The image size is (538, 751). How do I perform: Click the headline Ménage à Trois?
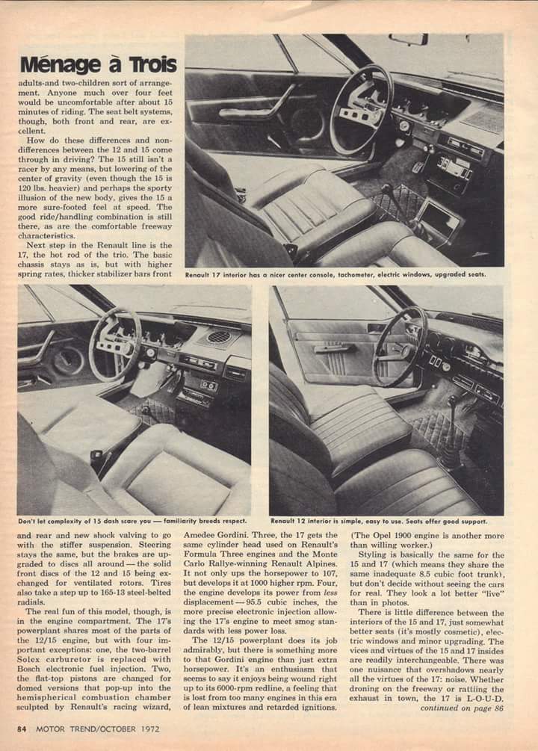point(98,64)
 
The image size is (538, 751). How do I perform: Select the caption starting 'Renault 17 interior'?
point(336,274)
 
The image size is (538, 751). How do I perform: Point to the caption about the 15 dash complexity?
point(132,521)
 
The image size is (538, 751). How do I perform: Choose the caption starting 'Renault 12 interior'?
point(379,521)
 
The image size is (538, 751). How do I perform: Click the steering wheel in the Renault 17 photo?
point(361,109)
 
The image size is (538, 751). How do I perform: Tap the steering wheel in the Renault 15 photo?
point(114,344)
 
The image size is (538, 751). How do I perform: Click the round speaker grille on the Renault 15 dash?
point(218,337)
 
